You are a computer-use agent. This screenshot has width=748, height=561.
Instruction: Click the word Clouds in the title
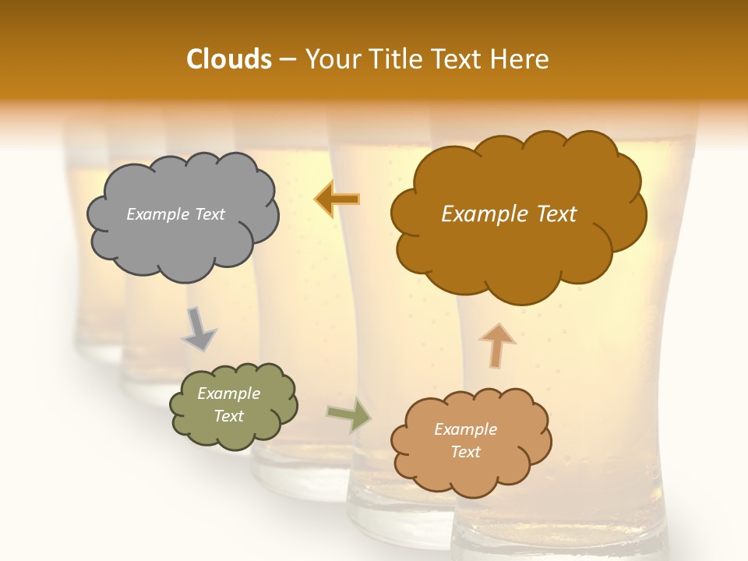click(x=229, y=59)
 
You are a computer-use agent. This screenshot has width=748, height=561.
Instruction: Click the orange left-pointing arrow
click(x=337, y=199)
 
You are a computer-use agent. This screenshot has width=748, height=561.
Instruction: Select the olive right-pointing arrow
click(x=348, y=414)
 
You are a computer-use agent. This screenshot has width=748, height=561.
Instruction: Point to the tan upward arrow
click(x=496, y=345)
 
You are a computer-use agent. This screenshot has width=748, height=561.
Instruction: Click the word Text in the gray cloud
click(x=210, y=214)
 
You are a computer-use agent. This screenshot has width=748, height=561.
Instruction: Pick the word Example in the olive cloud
click(x=229, y=393)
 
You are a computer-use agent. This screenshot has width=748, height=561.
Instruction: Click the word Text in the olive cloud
click(x=229, y=416)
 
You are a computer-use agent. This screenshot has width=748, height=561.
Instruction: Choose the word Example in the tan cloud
click(x=465, y=429)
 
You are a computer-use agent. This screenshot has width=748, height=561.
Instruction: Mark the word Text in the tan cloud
click(x=465, y=452)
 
